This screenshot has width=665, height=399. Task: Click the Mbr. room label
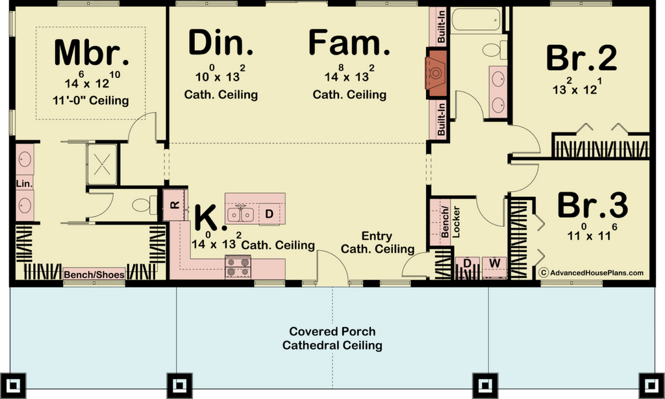(91, 53)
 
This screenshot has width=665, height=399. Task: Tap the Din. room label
(221, 42)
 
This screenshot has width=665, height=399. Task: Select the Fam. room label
(349, 42)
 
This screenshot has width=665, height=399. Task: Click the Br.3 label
(592, 205)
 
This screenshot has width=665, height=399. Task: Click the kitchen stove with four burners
(238, 266)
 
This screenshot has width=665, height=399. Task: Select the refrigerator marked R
(174, 205)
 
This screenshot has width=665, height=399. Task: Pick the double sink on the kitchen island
(240, 214)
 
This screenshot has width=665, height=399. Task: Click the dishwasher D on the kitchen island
(270, 214)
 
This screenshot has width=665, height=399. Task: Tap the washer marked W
(494, 266)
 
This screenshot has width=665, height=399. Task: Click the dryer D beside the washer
(467, 266)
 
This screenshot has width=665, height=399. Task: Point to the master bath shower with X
(102, 164)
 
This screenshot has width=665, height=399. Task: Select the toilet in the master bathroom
(144, 205)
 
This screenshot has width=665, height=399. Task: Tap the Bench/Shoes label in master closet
(94, 275)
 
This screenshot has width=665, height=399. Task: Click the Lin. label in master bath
(24, 183)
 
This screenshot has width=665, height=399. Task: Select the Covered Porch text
(332, 331)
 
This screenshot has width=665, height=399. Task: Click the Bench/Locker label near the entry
(449, 222)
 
